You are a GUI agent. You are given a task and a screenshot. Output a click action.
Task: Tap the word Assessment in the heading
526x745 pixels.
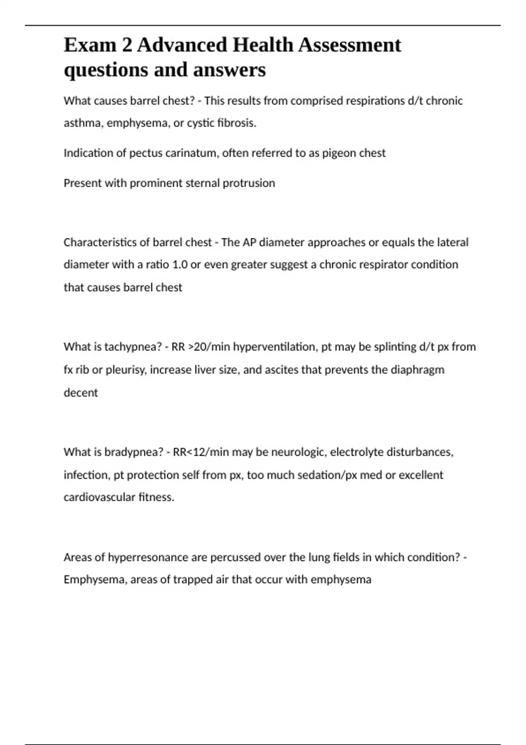click(350, 45)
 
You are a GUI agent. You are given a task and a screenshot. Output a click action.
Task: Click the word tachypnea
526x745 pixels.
click(133, 347)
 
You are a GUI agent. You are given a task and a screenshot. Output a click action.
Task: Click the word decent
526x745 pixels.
click(81, 393)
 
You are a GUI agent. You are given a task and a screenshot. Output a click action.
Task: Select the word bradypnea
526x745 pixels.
click(134, 452)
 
